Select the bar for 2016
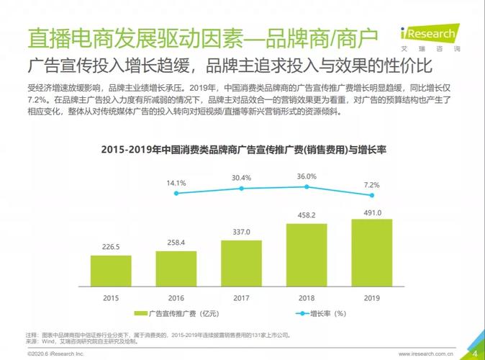[x=176, y=267]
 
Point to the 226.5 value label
[x=111, y=247]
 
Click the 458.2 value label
[x=307, y=215]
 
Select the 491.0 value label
[x=371, y=212]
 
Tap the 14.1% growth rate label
[x=176, y=183]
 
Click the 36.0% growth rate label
[x=307, y=176]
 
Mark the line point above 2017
[x=241, y=188]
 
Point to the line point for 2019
[x=371, y=194]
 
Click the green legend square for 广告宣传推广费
[x=141, y=314]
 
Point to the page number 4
[x=475, y=351]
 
